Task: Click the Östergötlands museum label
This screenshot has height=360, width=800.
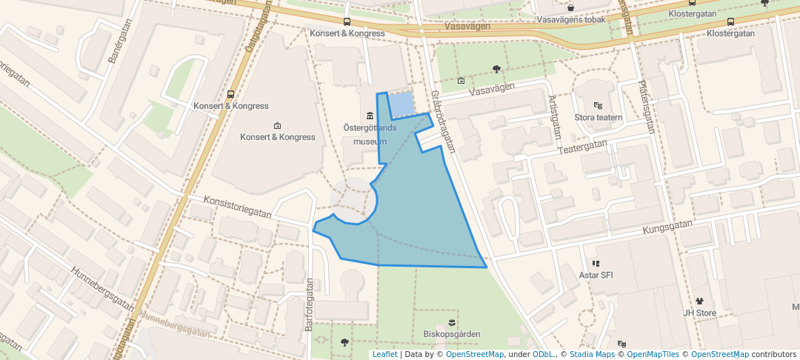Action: [x=370, y=134]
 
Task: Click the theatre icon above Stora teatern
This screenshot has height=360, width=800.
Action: [x=598, y=105]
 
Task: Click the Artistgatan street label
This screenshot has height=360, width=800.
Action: [x=553, y=118]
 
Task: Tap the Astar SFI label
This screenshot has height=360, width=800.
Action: [x=596, y=276]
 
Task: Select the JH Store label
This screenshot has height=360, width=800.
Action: [x=699, y=313]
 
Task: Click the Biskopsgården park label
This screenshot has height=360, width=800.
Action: [x=451, y=334]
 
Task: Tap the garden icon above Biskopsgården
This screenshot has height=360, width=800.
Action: [x=451, y=321]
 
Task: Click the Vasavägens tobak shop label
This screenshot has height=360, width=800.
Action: [x=571, y=19]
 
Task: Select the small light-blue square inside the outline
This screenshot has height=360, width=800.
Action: [x=401, y=105]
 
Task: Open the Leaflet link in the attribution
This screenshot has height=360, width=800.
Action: [x=384, y=354]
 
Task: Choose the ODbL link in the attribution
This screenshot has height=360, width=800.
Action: [x=544, y=354]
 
